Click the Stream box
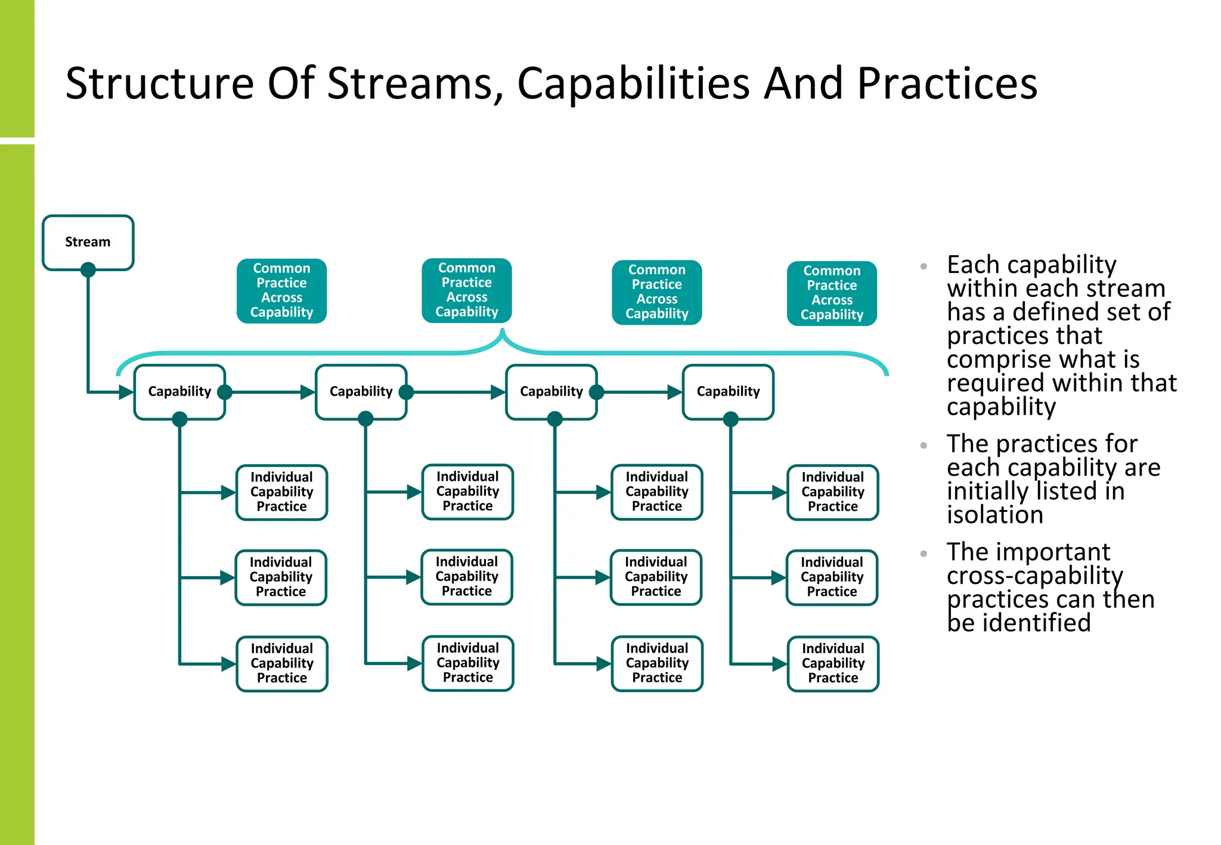coord(88,242)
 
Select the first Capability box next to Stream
coord(179,392)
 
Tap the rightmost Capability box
coord(728,392)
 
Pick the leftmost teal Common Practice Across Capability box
coord(281,291)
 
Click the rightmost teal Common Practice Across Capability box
coord(832,293)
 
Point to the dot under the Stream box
coord(88,270)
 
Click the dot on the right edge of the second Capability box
coord(406,392)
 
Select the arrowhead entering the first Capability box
coord(126,392)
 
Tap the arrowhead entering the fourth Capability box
coord(674,392)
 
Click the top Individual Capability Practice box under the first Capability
coord(281,492)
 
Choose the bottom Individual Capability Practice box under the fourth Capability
coord(833,663)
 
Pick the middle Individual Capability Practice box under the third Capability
coord(656,577)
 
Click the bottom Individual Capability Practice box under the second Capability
coord(467,663)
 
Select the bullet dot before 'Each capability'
coord(924,266)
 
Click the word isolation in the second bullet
coord(994,515)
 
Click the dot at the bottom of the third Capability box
coord(555,419)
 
